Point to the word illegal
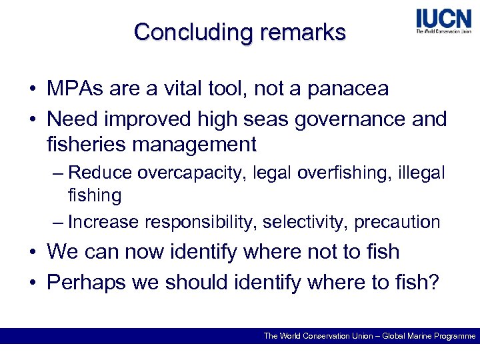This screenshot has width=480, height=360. (x=420, y=173)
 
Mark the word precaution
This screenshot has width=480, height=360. (x=397, y=222)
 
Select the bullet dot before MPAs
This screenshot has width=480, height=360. (x=32, y=89)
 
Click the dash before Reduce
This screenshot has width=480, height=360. (x=58, y=173)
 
